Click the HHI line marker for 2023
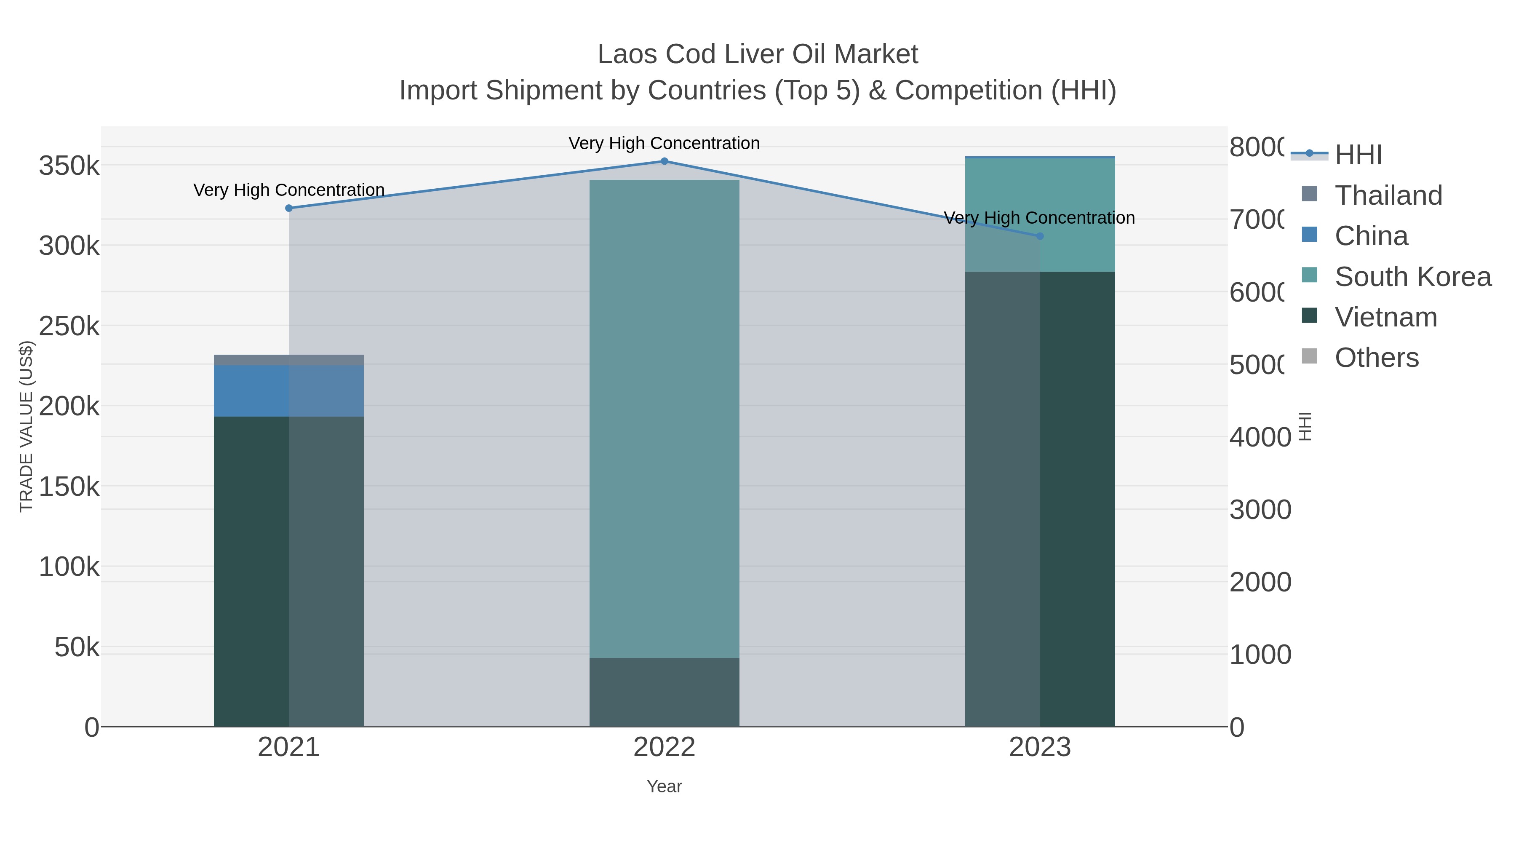pos(1039,236)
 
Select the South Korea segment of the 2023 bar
pos(1077,215)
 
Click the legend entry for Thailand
pos(1388,195)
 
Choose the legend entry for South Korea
pos(1412,277)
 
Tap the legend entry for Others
pos(1376,358)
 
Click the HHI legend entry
pos(1357,155)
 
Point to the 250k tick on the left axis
pos(69,326)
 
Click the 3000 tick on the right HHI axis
pos(1260,510)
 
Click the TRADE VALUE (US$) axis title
pos(27,426)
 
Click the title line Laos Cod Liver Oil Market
pos(758,54)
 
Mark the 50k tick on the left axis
pos(77,647)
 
